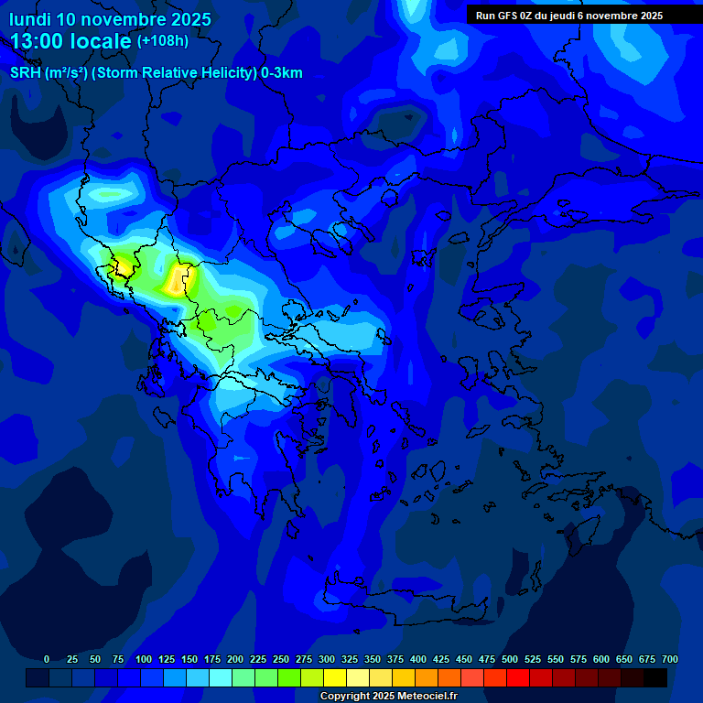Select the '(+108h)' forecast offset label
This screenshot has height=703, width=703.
click(x=163, y=41)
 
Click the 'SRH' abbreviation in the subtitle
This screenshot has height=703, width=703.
click(x=25, y=73)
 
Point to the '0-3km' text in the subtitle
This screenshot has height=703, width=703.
click(x=282, y=73)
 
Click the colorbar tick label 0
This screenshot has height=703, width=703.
click(x=47, y=659)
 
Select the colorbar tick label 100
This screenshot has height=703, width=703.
click(x=143, y=659)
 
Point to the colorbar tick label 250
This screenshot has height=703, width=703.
click(x=281, y=659)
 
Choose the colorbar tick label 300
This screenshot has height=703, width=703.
click(x=327, y=659)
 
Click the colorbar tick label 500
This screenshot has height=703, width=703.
click(x=510, y=659)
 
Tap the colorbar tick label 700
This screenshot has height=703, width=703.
click(x=670, y=659)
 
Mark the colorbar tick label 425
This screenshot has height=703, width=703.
click(x=441, y=659)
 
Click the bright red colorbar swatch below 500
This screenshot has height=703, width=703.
click(x=518, y=677)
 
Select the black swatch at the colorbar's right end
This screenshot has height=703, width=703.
click(x=655, y=677)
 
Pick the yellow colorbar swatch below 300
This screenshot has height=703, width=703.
click(x=335, y=677)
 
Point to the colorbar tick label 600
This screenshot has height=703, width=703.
click(x=601, y=659)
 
